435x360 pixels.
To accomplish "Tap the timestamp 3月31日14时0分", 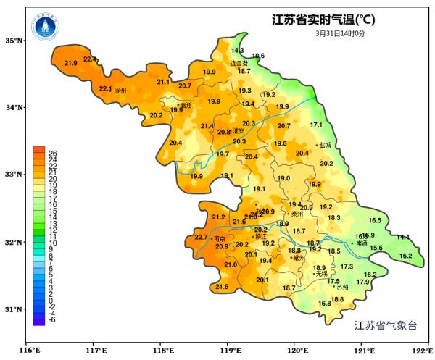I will [340, 33].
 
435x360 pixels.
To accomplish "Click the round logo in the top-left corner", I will [45, 28].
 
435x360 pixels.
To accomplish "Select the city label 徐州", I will [120, 91].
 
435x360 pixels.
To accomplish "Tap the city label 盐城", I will [324, 145].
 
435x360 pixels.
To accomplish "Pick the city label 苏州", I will [342, 288].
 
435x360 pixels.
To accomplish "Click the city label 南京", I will [219, 238].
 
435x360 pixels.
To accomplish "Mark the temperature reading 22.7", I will [201, 238].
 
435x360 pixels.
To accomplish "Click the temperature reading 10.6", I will [258, 56].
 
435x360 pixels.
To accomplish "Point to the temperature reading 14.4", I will [402, 238].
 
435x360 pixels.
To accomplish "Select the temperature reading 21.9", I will [71, 64].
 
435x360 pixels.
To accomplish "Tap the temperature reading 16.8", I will [324, 304].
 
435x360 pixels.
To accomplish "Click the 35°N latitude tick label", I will [14, 41].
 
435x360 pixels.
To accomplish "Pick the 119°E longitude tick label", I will [228, 351].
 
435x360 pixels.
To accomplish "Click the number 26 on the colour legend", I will [52, 152].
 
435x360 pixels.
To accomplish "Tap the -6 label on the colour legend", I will [52, 319].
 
